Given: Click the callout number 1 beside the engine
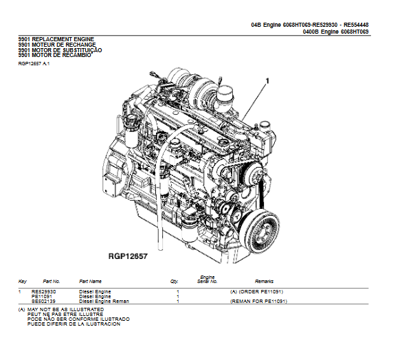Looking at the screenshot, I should [x=267, y=81].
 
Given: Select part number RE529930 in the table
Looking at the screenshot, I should [x=44, y=291].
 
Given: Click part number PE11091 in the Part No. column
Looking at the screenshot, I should [x=42, y=296].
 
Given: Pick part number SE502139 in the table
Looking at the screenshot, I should [x=44, y=301].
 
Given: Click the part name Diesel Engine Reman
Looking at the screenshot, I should [x=104, y=301].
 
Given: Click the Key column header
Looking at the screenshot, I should [x=23, y=282].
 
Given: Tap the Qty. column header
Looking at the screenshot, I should [x=174, y=282].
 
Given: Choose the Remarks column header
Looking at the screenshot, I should [x=264, y=282].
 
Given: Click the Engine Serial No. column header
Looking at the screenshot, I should [x=208, y=280].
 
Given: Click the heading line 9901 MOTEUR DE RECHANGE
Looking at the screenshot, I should [x=57, y=44].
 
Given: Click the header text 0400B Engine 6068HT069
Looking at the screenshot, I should [x=335, y=31].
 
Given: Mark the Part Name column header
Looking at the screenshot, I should [x=90, y=282].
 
